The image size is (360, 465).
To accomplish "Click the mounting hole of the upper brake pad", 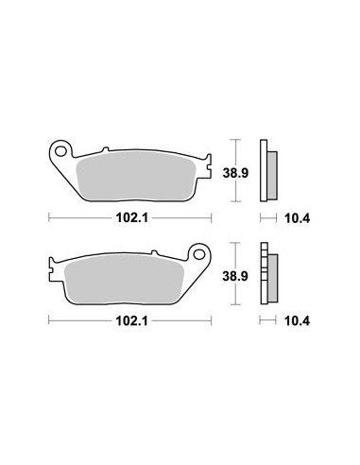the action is click(60, 151).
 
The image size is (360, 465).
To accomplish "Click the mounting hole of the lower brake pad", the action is click(199, 254).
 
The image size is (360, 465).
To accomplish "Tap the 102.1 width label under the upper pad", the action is click(132, 217).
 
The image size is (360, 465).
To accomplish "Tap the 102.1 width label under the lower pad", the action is click(132, 321).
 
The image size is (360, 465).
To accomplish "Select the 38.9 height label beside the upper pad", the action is click(235, 173).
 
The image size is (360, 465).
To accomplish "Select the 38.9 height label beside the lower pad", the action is click(235, 276).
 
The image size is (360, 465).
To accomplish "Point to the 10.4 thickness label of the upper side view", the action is click(298, 218).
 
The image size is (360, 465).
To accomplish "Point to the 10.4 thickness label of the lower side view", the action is click(298, 321).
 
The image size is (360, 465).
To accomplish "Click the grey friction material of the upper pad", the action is click(136, 178).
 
